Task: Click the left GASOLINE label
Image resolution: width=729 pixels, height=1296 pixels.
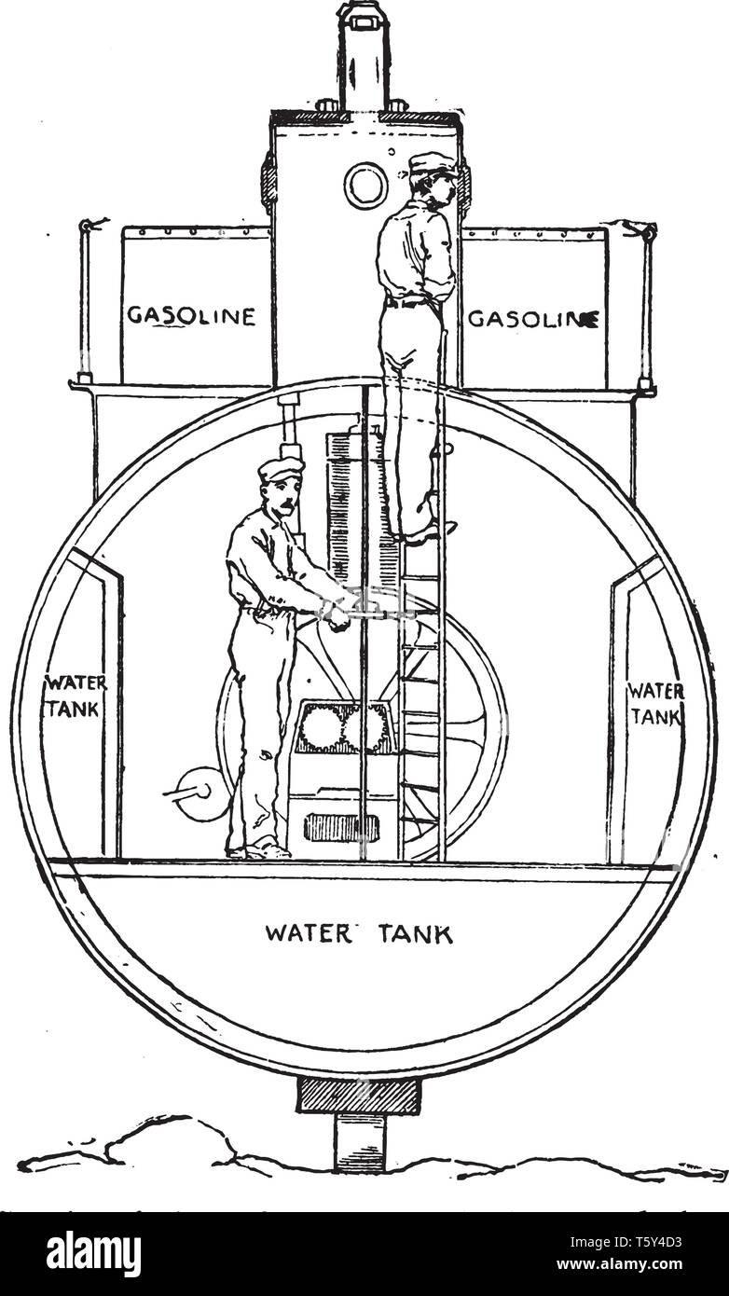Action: (x=191, y=316)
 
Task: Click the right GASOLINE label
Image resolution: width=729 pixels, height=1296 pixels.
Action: (x=533, y=319)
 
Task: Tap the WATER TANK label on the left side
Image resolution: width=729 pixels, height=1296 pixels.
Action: (x=76, y=696)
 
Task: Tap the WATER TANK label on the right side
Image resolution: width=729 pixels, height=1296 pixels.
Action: (x=655, y=703)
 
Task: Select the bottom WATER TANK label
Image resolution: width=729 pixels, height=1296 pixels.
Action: (x=359, y=933)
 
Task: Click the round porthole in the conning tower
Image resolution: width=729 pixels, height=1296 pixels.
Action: (x=365, y=186)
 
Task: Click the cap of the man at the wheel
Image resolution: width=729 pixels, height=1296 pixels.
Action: (x=281, y=468)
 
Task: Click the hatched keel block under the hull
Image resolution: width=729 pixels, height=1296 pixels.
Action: (x=359, y=1096)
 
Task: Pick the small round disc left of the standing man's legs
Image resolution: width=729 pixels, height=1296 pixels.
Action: (x=202, y=793)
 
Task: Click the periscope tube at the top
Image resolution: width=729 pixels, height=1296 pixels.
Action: (x=362, y=56)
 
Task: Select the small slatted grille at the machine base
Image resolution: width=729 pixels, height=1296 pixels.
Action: (x=341, y=827)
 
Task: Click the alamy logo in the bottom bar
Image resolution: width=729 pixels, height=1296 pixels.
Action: (x=93, y=1254)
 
